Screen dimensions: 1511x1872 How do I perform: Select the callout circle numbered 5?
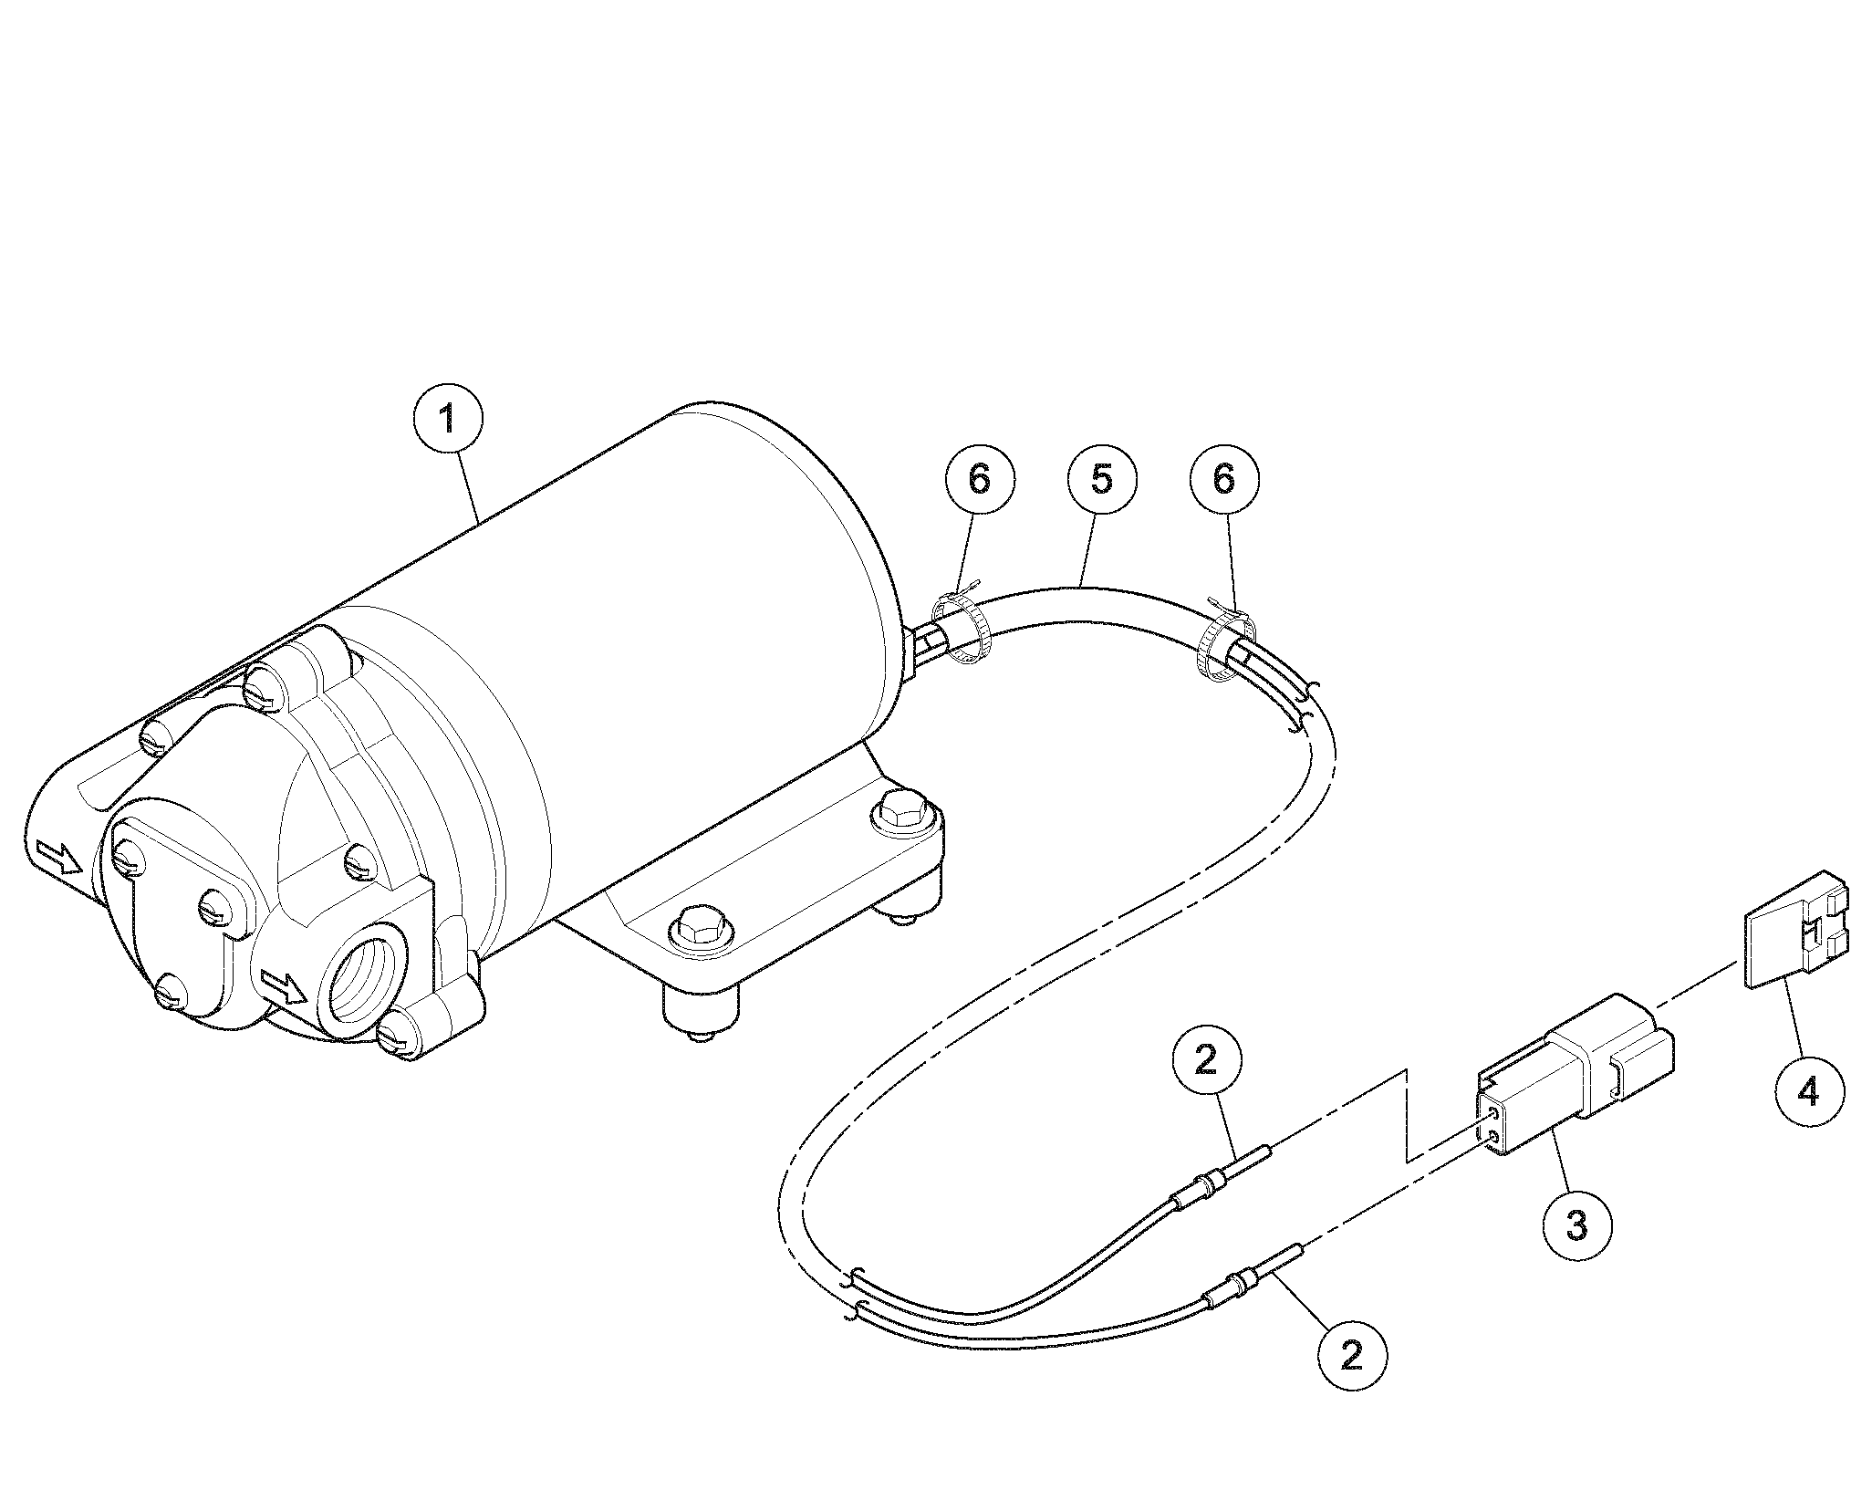pyautogui.click(x=1102, y=477)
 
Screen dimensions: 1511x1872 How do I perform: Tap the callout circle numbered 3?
pyautogui.click(x=1576, y=1225)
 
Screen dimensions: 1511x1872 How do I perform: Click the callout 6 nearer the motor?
pyautogui.click(x=979, y=477)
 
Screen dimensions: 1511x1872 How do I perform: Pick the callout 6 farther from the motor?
pyautogui.click(x=1224, y=477)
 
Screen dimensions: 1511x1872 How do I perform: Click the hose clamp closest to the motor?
pyautogui.click(x=960, y=629)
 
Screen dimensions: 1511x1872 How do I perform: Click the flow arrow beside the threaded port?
pyautogui.click(x=286, y=986)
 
